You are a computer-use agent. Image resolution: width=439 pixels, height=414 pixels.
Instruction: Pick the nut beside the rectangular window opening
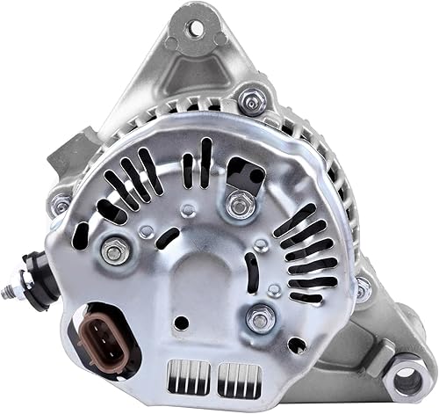tap(241, 206)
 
